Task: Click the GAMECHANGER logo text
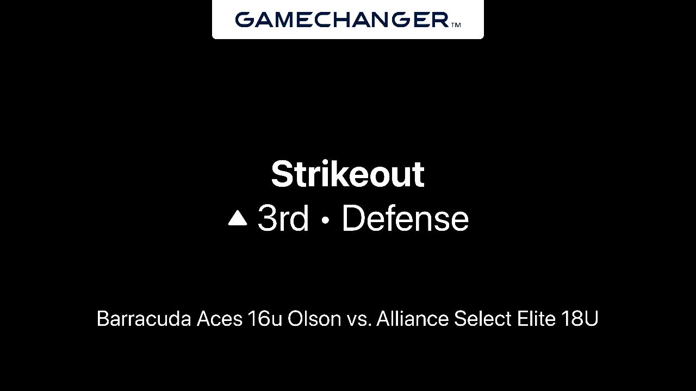pos(342,20)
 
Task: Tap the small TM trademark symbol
pos(456,25)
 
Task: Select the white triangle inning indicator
pos(238,218)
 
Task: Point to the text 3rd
pos(283,218)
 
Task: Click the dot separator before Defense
pos(325,220)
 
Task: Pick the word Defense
pos(405,218)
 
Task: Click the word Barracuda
pos(144,319)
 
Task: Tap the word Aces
pos(219,319)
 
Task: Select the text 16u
pos(265,319)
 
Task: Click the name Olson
pos(314,319)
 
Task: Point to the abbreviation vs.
pos(359,320)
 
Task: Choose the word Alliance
pos(413,319)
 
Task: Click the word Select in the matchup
pos(482,319)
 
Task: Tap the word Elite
pos(536,319)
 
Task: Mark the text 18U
pos(580,319)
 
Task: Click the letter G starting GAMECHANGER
pos(245,20)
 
